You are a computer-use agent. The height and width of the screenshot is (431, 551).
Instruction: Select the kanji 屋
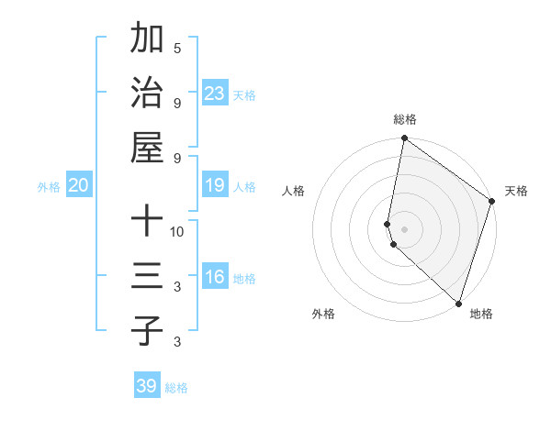pyautogui.click(x=147, y=146)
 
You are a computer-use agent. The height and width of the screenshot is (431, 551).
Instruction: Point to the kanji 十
pyautogui.click(x=147, y=221)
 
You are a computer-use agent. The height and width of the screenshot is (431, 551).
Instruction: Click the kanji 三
pyautogui.click(x=147, y=275)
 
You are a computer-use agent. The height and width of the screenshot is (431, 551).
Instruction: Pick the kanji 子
pyautogui.click(x=147, y=330)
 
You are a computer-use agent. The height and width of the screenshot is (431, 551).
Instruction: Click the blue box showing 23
pyautogui.click(x=214, y=93)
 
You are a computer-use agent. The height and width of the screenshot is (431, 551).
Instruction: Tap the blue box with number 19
pyautogui.click(x=214, y=186)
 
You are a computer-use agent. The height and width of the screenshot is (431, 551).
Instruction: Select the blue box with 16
pyautogui.click(x=214, y=277)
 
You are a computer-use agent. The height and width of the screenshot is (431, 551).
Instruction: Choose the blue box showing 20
pyautogui.click(x=78, y=186)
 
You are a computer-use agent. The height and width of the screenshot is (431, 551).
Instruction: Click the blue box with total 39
pyautogui.click(x=146, y=386)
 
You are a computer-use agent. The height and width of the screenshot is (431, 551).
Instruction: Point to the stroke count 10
pyautogui.click(x=177, y=231)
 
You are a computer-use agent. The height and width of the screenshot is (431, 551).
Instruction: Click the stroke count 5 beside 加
pyautogui.click(x=177, y=48)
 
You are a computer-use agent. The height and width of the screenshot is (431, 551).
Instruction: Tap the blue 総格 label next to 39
pyautogui.click(x=176, y=388)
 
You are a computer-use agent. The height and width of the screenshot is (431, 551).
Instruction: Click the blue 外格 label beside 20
pyautogui.click(x=49, y=187)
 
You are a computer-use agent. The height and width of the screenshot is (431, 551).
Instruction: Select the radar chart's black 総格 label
pyautogui.click(x=405, y=119)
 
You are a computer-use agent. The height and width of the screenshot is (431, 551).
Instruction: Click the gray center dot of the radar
pyautogui.click(x=405, y=228)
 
